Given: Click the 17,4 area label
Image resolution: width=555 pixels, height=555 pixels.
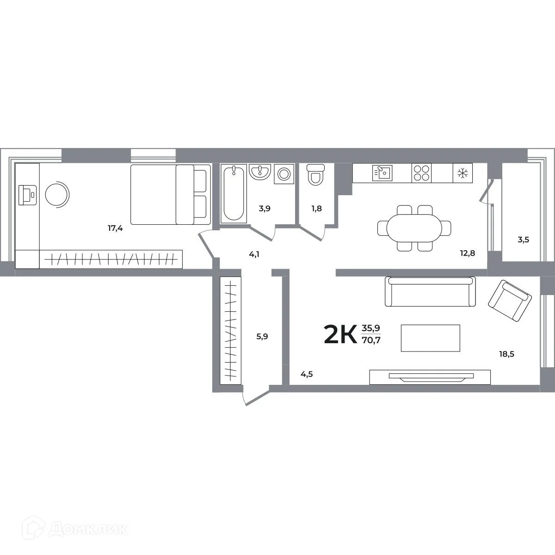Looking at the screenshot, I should coord(115,228).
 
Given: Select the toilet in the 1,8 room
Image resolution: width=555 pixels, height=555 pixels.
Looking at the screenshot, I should coord(315,174).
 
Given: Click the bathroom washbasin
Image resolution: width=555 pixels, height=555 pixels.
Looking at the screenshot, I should coord(260,172).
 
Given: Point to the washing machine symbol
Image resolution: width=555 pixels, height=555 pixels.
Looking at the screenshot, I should coord(283,174).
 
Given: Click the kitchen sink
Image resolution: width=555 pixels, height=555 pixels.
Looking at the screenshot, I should coord(382,173).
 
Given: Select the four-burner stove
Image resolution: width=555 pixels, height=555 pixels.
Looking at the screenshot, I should coord(421,173).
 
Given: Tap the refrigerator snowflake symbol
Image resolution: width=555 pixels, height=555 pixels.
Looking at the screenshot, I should coord(462,173).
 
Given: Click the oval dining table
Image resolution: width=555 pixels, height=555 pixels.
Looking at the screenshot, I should coord(414,228).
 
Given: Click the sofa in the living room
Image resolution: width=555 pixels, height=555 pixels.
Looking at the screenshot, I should coord(431,291).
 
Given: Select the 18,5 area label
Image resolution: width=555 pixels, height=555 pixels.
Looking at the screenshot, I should coord(507,354).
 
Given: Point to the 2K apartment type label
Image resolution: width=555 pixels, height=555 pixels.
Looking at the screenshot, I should coord(340,334).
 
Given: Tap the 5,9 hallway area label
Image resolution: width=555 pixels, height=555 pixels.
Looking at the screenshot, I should coord(262,336).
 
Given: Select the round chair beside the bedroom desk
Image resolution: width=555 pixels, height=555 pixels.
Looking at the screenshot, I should coord(57,195).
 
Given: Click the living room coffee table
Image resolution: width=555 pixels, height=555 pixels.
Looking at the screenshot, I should coord(430,338).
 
